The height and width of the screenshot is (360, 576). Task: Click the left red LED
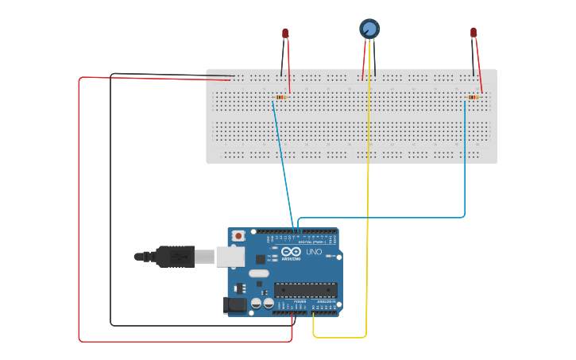tap(285, 33)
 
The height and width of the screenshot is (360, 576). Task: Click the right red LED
tap(474, 33)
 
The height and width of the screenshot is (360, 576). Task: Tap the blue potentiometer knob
tap(369, 29)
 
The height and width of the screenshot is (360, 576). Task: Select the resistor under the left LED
tap(279, 97)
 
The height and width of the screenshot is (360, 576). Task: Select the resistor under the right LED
tap(474, 97)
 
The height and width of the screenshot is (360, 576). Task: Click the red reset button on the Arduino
tap(238, 236)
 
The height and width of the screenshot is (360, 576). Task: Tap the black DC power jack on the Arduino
tap(236, 304)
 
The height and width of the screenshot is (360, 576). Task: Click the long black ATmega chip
tap(306, 292)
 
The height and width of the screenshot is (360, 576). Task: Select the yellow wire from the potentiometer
tap(369, 199)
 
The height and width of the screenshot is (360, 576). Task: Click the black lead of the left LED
tap(281, 60)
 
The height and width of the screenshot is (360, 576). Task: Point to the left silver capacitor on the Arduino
tap(257, 303)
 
